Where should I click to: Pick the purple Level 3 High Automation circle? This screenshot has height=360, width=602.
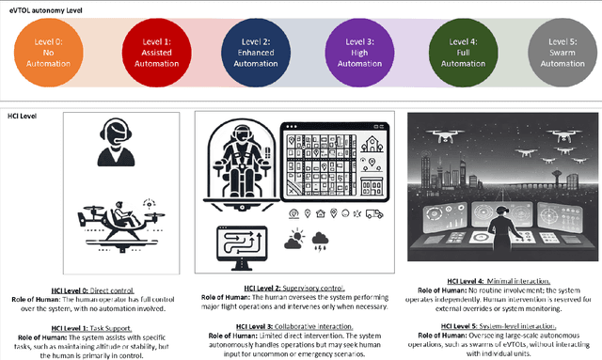click(x=355, y=49)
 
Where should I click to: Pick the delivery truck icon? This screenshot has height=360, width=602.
click(x=375, y=213)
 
